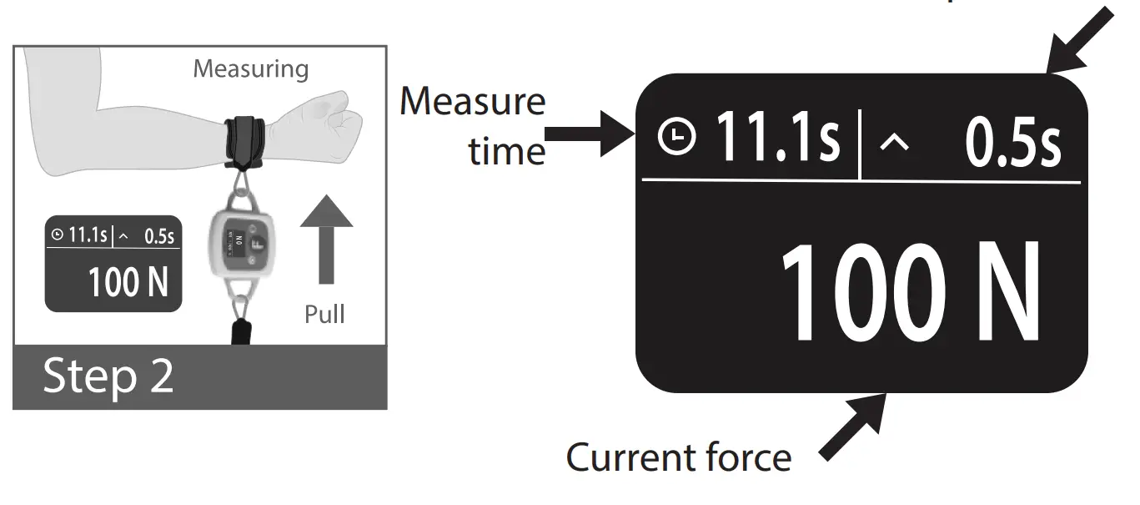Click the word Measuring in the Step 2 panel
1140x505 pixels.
pyautogui.click(x=250, y=68)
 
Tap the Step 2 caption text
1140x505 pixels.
pyautogui.click(x=108, y=376)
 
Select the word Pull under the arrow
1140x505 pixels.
pyautogui.click(x=324, y=315)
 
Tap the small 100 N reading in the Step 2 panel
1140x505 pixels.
pyautogui.click(x=128, y=282)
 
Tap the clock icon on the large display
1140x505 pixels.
pyautogui.click(x=675, y=138)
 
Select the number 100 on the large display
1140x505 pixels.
pyautogui.click(x=862, y=294)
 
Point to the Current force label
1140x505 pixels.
pyautogui.click(x=679, y=457)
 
